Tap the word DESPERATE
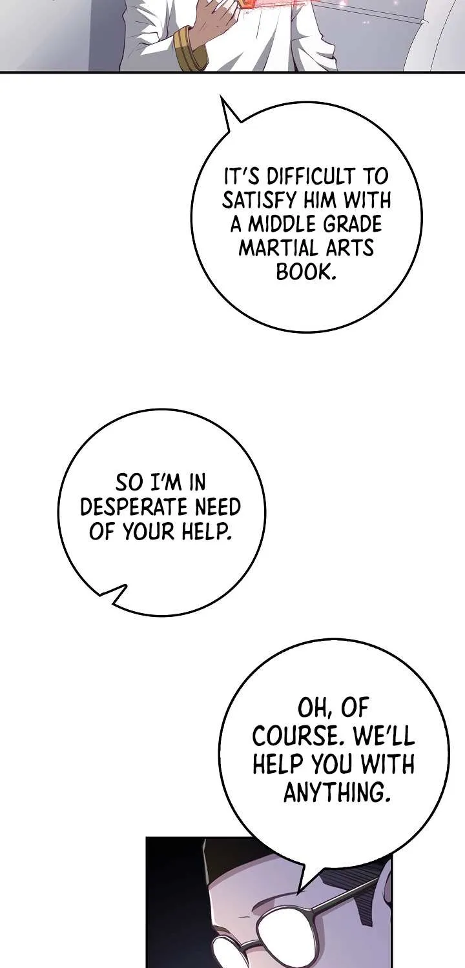(x=135, y=507)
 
